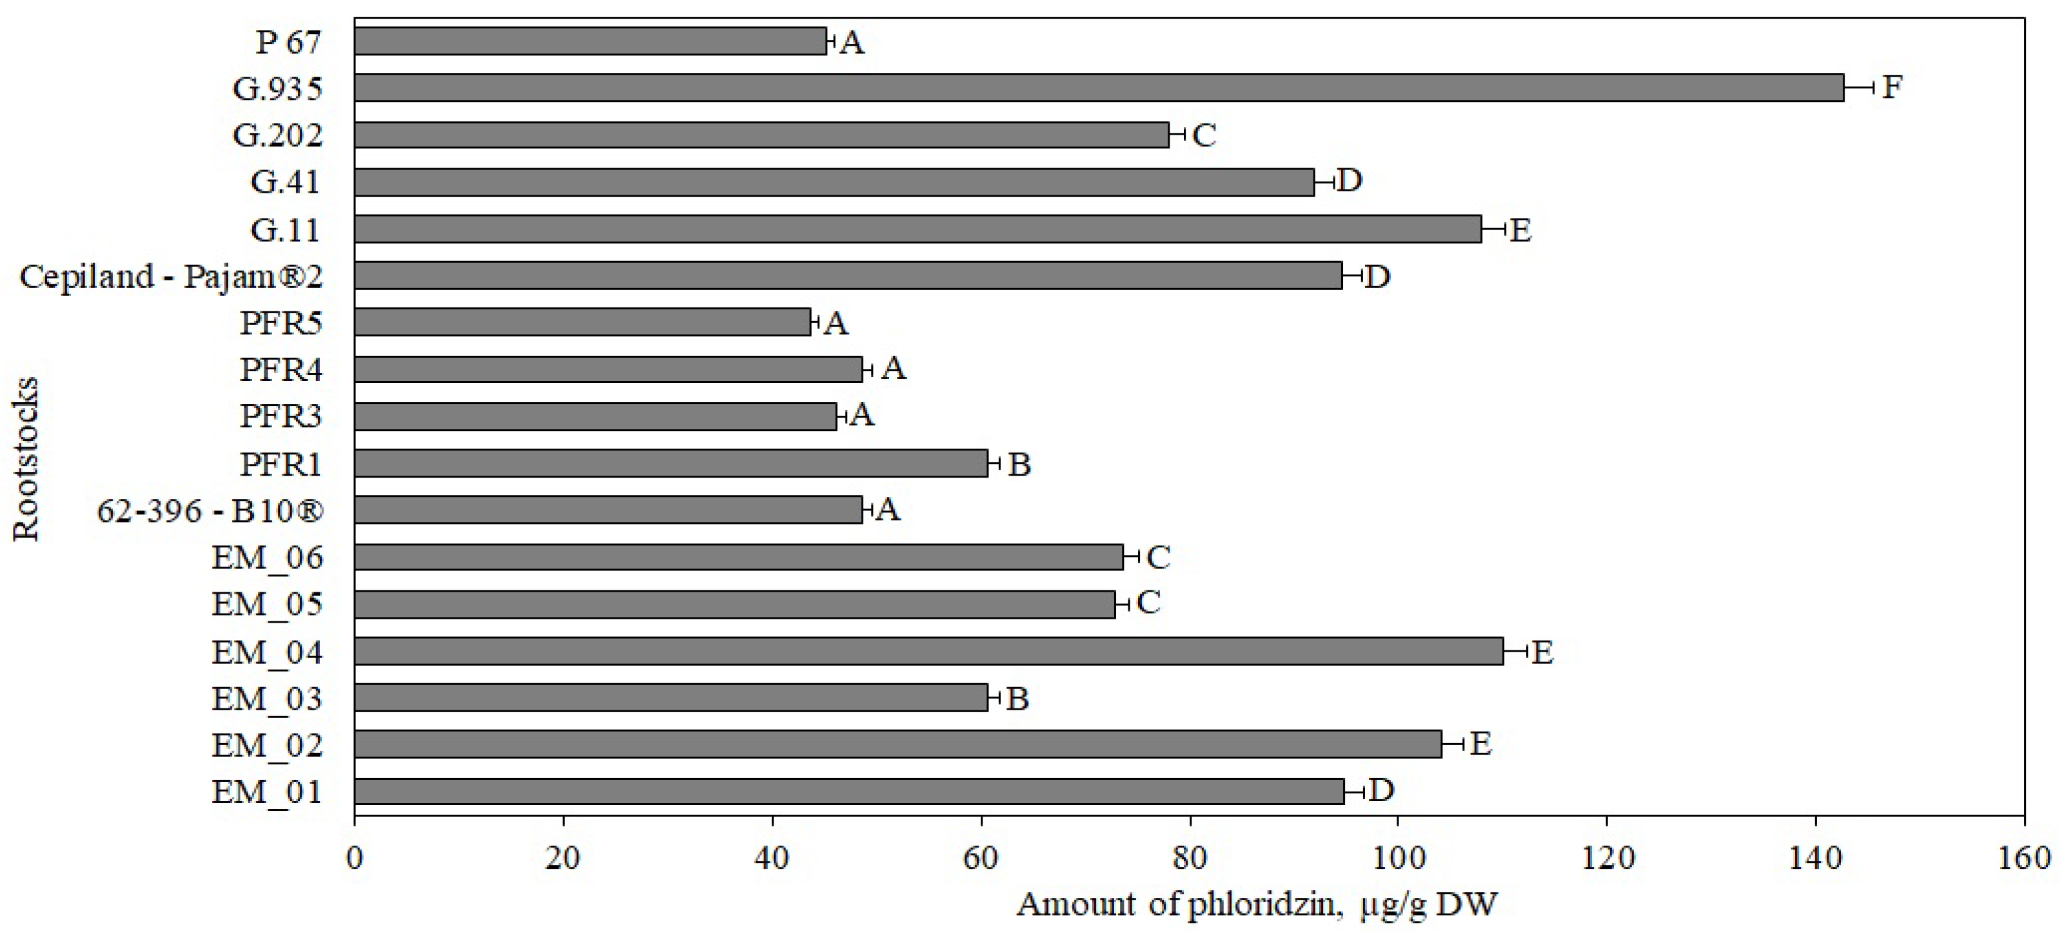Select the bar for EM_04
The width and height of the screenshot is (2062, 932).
point(928,651)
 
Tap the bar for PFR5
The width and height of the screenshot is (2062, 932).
point(582,322)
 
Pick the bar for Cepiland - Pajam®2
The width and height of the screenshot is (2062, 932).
point(848,275)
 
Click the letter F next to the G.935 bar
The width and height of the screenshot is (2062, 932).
point(1892,87)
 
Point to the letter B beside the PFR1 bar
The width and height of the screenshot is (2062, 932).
point(1019,464)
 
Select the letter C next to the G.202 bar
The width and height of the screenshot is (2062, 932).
point(1204,135)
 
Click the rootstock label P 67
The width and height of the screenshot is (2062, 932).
point(288,42)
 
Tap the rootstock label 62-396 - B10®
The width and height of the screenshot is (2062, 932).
point(210,510)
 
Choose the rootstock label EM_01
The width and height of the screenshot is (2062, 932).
point(266,792)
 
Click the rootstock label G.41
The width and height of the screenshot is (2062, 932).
point(285,182)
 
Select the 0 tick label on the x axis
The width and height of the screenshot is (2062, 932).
point(355,858)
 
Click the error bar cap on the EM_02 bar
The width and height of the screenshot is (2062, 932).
point(1462,744)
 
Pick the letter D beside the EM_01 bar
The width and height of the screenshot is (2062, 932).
point(1382,790)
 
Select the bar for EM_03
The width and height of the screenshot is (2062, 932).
point(671,697)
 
